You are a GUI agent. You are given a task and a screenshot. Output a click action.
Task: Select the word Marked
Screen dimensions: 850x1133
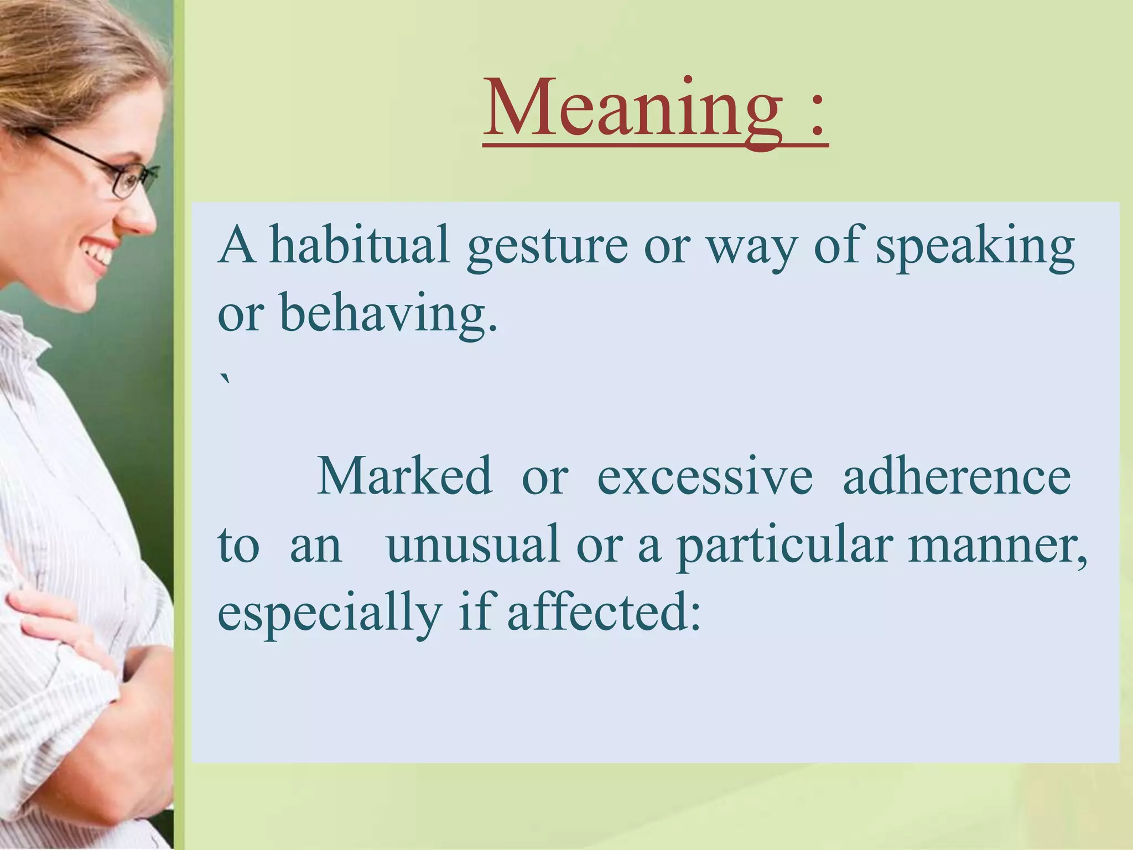[x=404, y=476]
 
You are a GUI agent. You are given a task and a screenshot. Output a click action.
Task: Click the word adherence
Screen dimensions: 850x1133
[x=957, y=476]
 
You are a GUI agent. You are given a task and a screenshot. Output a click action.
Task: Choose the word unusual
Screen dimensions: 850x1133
[x=473, y=545]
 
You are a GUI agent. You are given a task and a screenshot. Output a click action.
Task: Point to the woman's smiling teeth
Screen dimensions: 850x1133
[x=100, y=254]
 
